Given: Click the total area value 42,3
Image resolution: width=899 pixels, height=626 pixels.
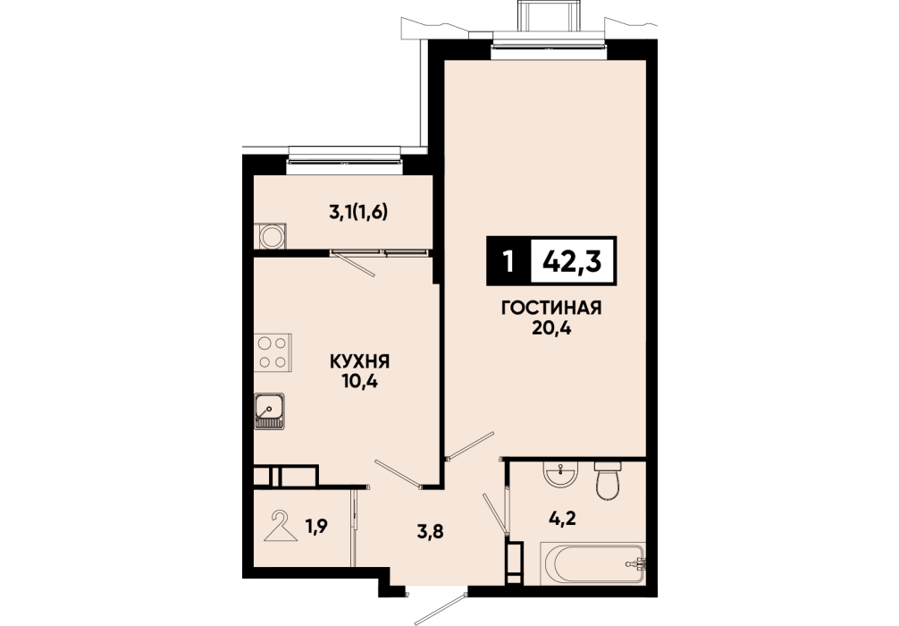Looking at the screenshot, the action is click(x=572, y=262).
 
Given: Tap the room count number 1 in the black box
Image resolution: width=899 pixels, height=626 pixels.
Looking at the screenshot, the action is click(x=508, y=262).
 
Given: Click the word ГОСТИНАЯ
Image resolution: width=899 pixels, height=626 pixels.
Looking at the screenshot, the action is click(x=551, y=309).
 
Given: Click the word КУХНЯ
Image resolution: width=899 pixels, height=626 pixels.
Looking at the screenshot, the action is click(x=359, y=361).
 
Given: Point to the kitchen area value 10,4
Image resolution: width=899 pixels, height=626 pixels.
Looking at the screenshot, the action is click(x=359, y=382).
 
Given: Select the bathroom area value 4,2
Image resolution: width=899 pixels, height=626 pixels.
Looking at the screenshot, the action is click(x=562, y=519).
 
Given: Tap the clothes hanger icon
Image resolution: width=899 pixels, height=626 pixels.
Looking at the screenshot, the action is click(x=281, y=526).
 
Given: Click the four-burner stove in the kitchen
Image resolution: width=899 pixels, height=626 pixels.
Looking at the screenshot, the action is click(x=273, y=352).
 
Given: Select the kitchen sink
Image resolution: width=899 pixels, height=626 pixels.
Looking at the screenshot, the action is click(x=270, y=411).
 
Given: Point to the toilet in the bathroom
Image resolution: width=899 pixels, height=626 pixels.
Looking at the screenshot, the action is click(x=607, y=480).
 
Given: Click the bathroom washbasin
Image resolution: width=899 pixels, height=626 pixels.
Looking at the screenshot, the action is click(x=560, y=474).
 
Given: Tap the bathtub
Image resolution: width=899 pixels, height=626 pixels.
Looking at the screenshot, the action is click(x=592, y=563).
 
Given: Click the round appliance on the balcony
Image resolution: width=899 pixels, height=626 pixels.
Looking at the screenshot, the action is click(x=271, y=236).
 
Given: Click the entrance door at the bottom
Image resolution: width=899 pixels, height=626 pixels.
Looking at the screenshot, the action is click(x=437, y=605).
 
